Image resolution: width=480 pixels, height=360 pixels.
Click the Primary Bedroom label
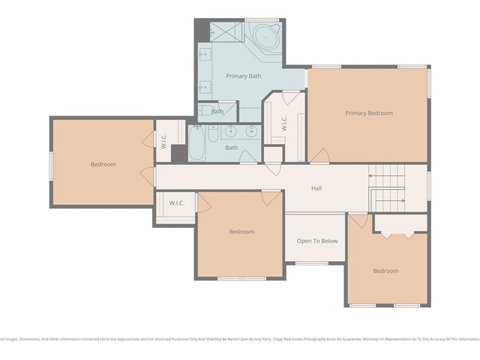368,113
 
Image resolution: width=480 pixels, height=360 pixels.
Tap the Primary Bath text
244,76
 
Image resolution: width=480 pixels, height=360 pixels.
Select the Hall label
316,188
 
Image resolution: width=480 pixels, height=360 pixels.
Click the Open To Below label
316,241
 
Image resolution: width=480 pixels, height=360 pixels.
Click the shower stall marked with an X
222,32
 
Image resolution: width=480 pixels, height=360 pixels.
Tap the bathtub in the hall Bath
196,143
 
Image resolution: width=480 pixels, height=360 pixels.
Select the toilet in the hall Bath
214,134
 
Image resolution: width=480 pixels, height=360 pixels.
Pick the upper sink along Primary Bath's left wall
203,55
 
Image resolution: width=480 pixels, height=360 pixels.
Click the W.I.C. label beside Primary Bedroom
284,124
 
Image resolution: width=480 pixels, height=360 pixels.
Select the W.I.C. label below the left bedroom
177,202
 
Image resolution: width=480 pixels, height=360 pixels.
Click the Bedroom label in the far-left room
103,164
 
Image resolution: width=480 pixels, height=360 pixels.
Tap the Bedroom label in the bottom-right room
385,271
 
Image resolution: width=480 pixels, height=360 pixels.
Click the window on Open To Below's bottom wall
312,262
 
